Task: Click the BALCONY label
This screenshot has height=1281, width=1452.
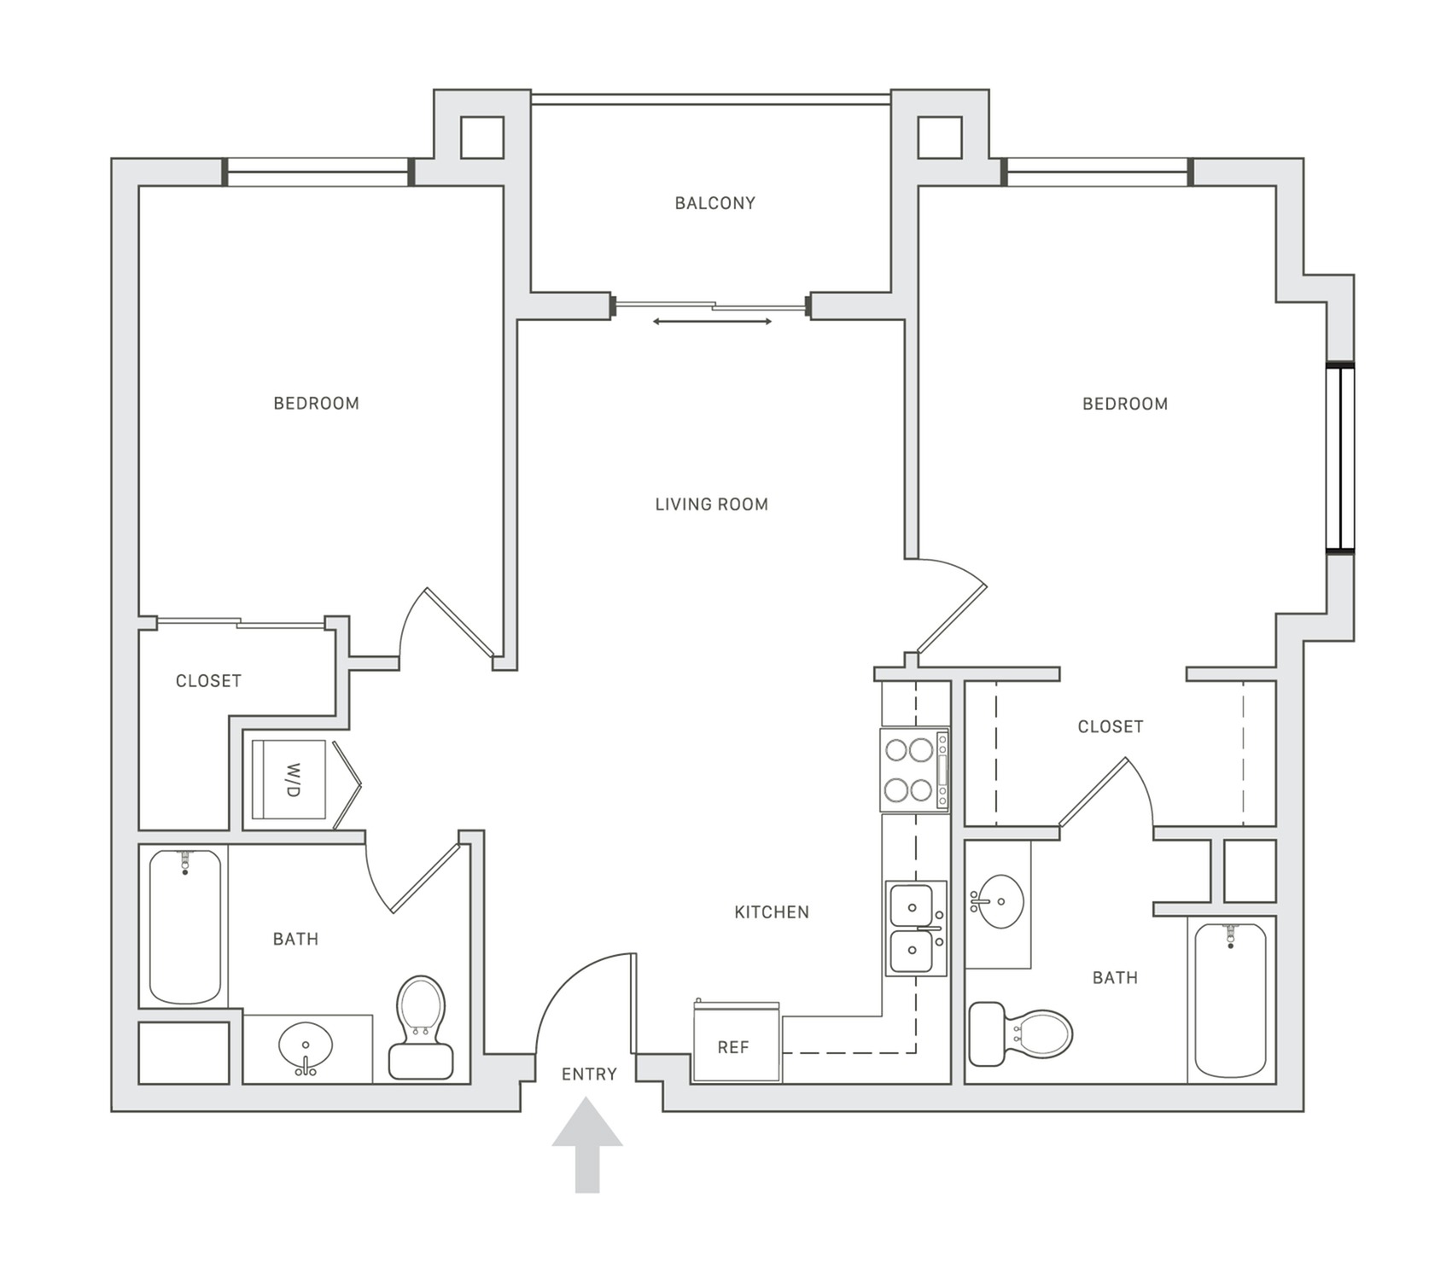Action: pos(714,203)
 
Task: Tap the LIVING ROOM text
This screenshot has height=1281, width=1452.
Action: pos(711,504)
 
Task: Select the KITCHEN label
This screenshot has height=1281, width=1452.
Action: pos(771,912)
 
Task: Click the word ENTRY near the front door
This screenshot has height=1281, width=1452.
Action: pos(588,1074)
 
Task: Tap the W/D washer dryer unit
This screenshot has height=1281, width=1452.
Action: pos(290,780)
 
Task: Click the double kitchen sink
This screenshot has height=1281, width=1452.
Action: pos(914,928)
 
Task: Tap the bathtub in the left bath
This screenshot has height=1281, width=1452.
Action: pos(185,926)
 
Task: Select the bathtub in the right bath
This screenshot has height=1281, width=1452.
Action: pos(1230,999)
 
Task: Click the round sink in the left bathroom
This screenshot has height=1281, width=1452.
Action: pos(306,1045)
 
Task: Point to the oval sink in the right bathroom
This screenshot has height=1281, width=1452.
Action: pos(1000,901)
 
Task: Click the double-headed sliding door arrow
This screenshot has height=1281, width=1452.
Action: pos(712,322)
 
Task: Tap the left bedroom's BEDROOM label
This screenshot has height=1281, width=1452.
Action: pos(316,404)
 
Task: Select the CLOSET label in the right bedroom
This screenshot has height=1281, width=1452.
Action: pos(1110,727)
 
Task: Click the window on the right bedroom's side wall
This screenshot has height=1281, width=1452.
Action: pos(1339,459)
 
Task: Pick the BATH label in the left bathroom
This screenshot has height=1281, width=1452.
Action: pos(295,940)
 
